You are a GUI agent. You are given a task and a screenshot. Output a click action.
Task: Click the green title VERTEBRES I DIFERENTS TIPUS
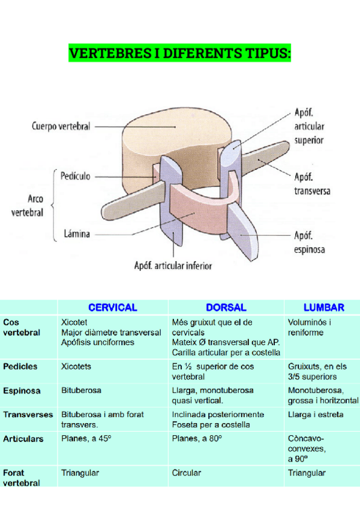(x=180, y=53)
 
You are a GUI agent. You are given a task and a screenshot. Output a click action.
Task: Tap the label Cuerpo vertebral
(x=61, y=127)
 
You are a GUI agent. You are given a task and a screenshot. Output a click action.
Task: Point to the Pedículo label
(x=75, y=176)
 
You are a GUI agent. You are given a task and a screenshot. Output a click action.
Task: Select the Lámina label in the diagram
(x=77, y=233)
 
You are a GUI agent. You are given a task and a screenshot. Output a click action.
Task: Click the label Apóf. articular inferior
(x=173, y=265)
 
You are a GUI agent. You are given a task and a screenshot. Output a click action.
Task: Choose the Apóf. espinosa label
(x=310, y=242)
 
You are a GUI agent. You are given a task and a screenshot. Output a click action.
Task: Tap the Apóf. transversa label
(x=312, y=184)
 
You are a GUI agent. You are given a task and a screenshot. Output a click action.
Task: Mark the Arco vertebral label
(x=28, y=205)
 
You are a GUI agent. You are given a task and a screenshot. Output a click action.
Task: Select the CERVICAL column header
(x=113, y=308)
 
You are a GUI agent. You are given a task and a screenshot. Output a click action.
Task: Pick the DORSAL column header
(x=226, y=308)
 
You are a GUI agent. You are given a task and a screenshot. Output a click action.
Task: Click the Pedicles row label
(x=20, y=366)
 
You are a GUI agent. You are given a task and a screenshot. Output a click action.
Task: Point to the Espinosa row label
(x=22, y=391)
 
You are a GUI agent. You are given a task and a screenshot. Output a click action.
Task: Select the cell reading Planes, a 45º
(x=86, y=439)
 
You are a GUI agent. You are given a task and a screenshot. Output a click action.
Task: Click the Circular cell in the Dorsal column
(x=187, y=473)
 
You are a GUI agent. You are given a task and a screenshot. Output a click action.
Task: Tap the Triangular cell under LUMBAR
(x=307, y=473)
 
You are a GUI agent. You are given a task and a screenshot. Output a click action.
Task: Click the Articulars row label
(x=23, y=439)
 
